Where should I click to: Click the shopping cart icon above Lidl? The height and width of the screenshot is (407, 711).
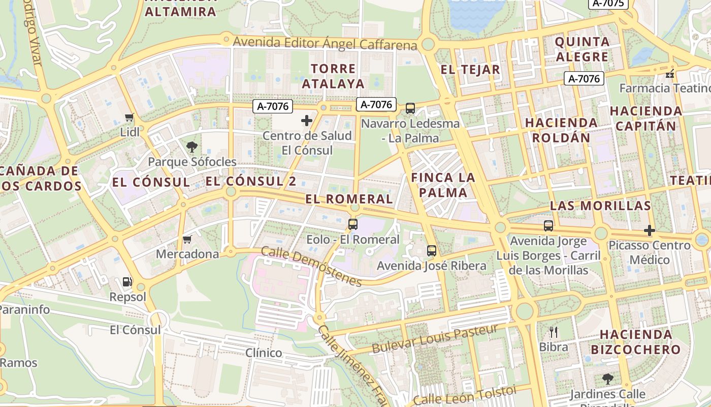point(130,118)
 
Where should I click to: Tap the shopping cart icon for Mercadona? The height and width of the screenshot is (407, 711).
point(187,239)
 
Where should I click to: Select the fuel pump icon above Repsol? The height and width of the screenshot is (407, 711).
point(127,282)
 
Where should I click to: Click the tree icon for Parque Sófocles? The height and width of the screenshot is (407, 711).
point(192,147)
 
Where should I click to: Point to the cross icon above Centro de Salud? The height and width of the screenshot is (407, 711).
point(307,121)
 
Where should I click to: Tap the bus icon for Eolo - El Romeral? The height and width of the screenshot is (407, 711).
point(352,224)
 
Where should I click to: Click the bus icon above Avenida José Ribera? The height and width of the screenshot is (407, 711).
point(431,250)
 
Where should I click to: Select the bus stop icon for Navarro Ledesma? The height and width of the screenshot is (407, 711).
point(410,108)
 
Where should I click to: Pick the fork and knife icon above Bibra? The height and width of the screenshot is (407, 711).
point(554,332)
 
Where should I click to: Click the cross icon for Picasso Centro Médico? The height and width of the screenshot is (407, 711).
point(649,230)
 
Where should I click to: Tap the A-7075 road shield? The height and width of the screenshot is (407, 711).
point(608,4)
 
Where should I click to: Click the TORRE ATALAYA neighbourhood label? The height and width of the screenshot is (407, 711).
point(333,76)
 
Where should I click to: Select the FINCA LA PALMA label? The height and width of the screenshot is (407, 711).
point(443,185)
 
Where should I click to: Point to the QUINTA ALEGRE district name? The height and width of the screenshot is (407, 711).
point(582,49)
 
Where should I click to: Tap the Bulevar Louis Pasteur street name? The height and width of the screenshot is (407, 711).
point(435,339)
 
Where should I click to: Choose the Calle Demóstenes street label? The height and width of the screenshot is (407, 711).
point(311,267)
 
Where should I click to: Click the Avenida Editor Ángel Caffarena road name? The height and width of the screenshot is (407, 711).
point(325,43)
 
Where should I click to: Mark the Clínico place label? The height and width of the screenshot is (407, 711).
point(264,353)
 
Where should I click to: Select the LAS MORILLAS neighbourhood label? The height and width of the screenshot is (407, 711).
point(600,206)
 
